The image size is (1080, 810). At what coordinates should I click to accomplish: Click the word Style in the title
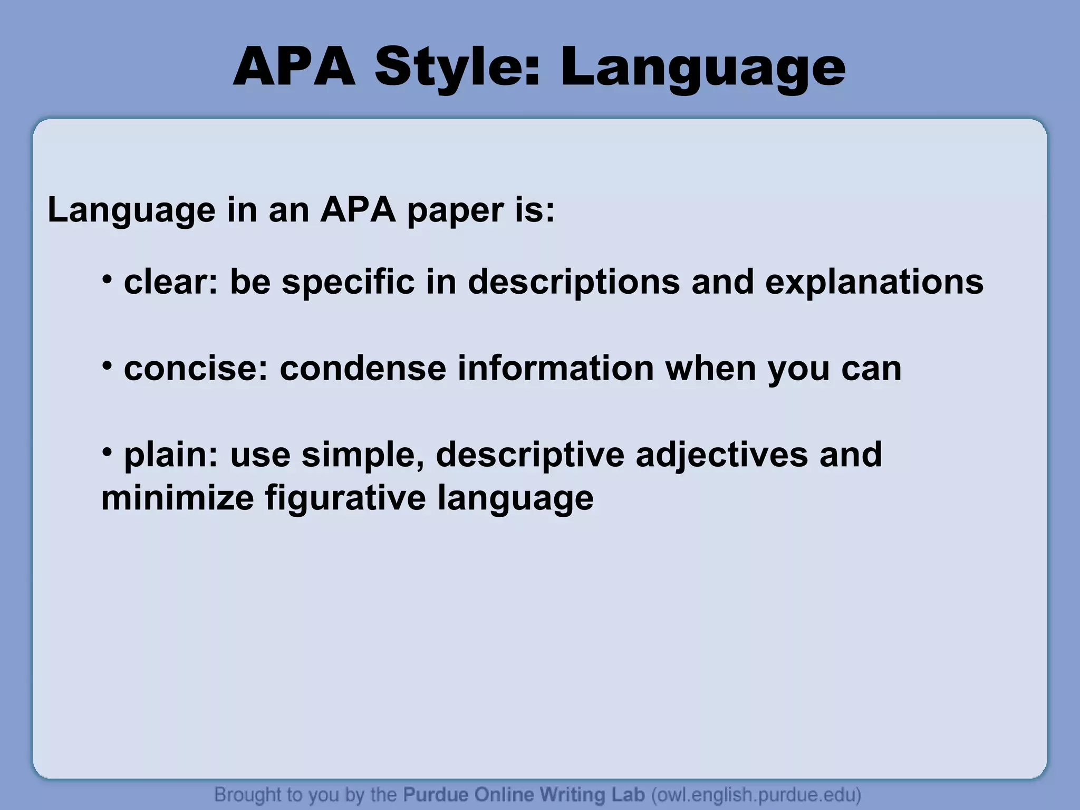pos(458,69)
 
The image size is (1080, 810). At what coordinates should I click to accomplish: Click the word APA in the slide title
pos(294,69)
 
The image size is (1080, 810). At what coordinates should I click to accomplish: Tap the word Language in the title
pos(703,69)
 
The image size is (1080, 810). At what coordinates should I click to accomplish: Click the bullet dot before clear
pos(107,278)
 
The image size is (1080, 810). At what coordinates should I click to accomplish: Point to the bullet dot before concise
pos(107,365)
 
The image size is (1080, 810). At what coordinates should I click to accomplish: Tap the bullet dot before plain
pos(107,451)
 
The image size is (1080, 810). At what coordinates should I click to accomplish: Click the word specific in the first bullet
pos(348,282)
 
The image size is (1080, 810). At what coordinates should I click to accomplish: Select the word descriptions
pos(574,282)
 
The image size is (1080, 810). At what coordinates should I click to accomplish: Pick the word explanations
pos(874,282)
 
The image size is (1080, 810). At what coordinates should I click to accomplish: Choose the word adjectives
pos(721,455)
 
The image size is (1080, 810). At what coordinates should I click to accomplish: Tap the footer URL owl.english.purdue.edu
pos(756,794)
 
